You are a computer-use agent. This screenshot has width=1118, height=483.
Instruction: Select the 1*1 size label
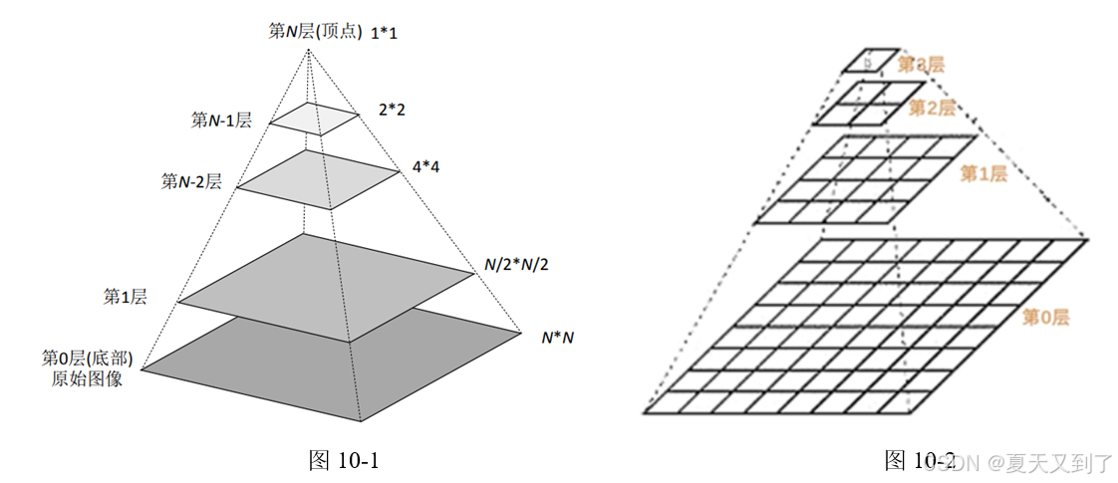(x=385, y=34)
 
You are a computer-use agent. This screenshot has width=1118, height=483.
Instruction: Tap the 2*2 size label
(x=392, y=110)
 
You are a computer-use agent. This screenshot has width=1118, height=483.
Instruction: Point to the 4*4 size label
(x=426, y=167)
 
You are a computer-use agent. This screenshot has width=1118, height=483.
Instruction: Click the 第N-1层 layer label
(x=221, y=121)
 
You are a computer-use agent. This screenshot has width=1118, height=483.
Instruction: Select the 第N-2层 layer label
(x=191, y=181)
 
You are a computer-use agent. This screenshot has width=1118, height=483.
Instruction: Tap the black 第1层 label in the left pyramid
(x=126, y=297)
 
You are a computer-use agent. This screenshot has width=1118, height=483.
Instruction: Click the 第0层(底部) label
(x=88, y=358)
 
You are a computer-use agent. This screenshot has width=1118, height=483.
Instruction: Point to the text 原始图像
(x=87, y=378)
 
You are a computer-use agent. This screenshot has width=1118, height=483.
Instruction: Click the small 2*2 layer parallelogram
(x=314, y=119)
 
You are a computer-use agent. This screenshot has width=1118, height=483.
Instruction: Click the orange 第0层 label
(x=1046, y=318)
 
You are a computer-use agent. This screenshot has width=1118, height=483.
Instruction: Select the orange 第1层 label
(x=982, y=174)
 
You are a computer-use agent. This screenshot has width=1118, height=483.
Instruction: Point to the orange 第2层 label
(x=933, y=108)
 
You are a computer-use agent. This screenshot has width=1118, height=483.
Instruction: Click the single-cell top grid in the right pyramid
(x=871, y=60)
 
